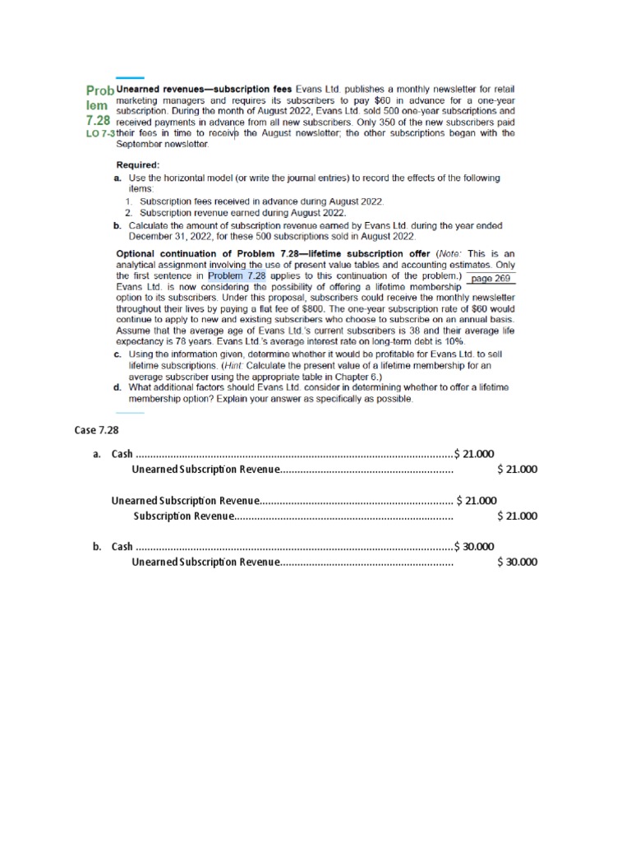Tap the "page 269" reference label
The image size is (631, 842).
[x=492, y=278]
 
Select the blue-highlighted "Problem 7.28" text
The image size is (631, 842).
[x=237, y=276]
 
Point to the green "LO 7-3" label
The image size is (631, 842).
[x=101, y=134]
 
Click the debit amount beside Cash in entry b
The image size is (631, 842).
[x=474, y=546]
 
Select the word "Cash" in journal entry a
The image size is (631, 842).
[x=122, y=453]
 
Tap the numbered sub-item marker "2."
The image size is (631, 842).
[x=130, y=212]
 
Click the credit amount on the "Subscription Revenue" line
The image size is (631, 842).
[x=517, y=516]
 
